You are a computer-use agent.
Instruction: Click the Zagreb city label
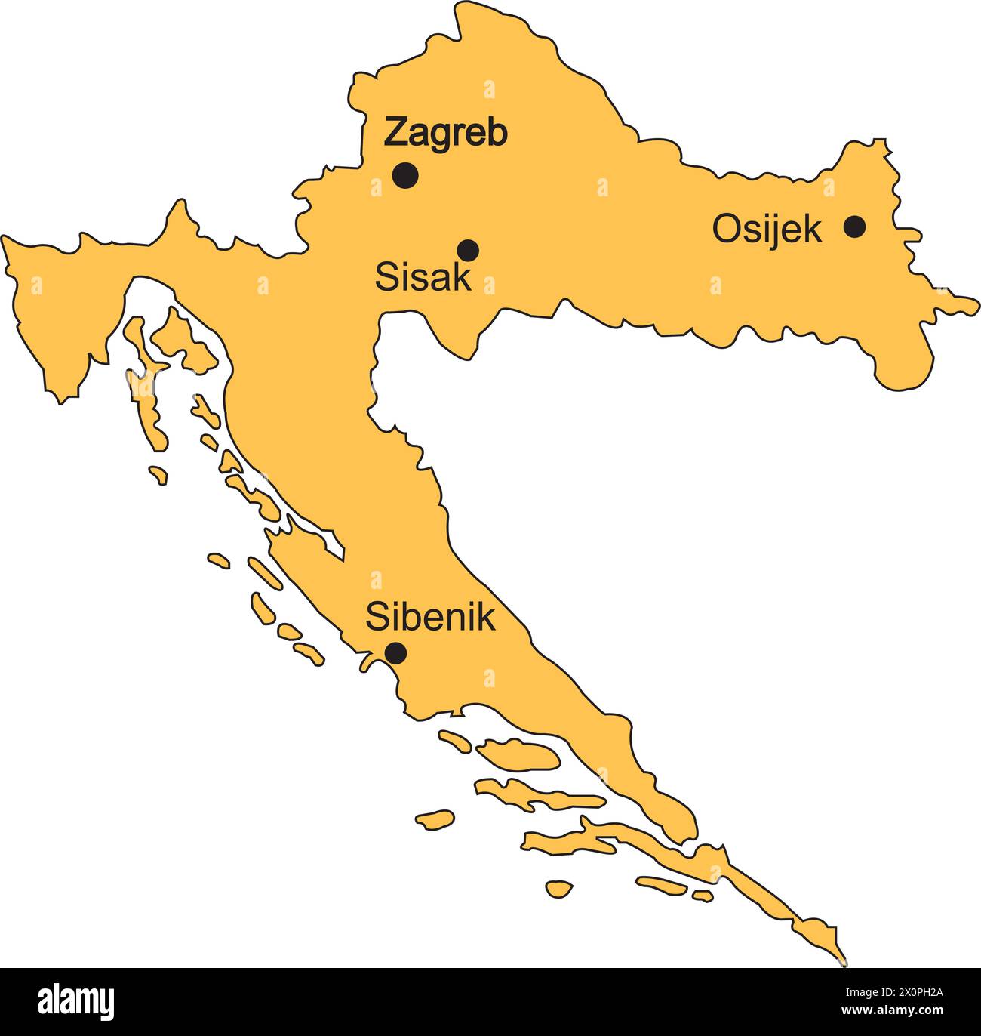point(445,133)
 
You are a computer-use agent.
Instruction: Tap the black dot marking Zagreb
point(405,175)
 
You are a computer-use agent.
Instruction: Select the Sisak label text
point(423,277)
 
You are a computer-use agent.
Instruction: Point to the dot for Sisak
point(468,249)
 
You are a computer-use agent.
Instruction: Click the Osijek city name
point(767,230)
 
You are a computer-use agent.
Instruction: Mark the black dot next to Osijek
point(854,226)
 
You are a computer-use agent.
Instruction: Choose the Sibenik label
point(430,617)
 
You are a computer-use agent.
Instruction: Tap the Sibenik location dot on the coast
point(395,652)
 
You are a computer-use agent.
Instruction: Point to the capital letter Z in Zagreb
point(397,133)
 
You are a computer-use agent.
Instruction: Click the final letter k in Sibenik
point(487,617)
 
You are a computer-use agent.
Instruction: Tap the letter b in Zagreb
point(497,133)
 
